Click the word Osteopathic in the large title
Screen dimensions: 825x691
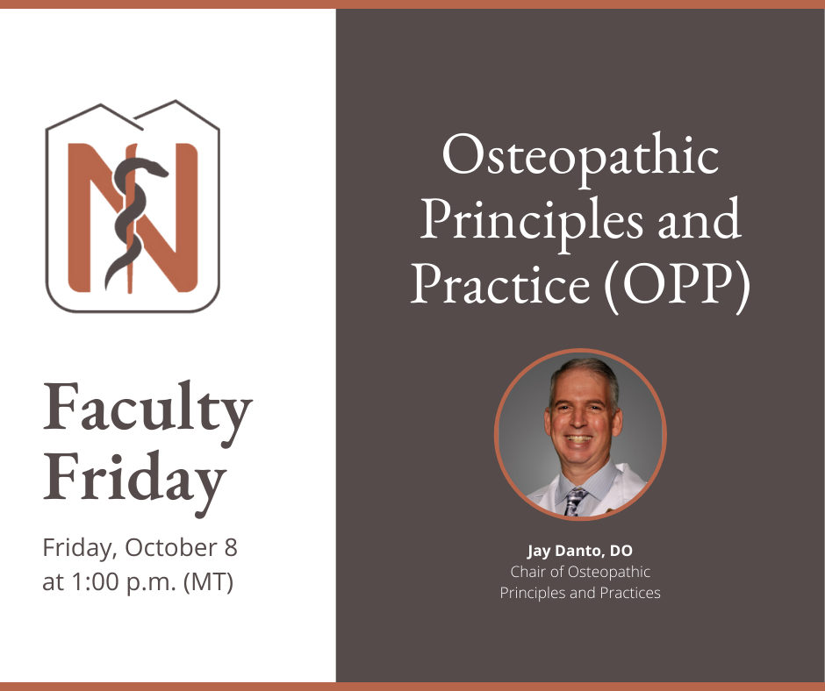click(x=580, y=158)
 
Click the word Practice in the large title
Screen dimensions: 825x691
click(x=500, y=284)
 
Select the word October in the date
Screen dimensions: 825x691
click(x=171, y=547)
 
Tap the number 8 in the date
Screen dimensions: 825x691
click(x=231, y=547)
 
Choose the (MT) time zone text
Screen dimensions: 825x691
click(x=208, y=582)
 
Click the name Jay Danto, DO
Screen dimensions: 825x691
click(x=580, y=551)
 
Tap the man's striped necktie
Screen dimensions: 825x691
click(x=574, y=502)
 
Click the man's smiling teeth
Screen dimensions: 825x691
click(x=579, y=438)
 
